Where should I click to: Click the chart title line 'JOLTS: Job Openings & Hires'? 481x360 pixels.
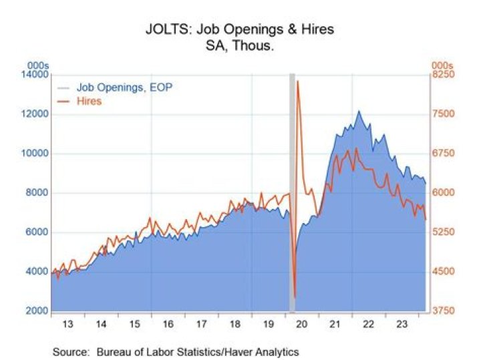coord(238,30)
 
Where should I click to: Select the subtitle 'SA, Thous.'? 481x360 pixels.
coord(238,47)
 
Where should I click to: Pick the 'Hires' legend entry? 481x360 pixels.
coord(88,102)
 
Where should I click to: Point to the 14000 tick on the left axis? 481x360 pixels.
coord(36,75)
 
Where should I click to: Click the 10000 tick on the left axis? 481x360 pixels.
coord(36,154)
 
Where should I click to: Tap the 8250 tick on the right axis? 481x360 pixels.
coord(442,75)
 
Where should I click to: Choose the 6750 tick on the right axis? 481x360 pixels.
coord(442,154)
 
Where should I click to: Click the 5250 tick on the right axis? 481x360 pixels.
coord(442,232)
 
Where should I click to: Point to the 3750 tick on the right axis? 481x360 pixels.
coord(442,311)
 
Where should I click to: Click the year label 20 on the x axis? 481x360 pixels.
coord(301,323)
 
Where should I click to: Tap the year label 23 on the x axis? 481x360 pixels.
coord(402,323)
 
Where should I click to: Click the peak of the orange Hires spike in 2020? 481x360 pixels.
coord(297,81)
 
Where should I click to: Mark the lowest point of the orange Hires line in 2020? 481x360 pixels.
coord(295,297)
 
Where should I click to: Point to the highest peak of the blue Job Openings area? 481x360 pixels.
coord(359,112)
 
